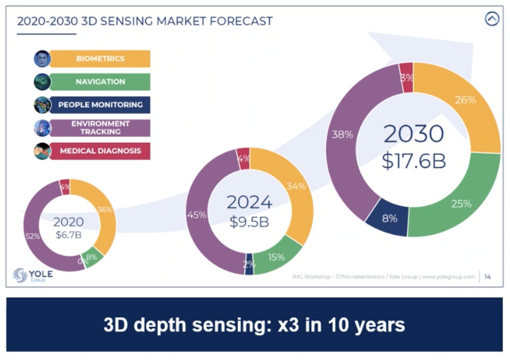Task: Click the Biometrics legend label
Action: tap(100, 59)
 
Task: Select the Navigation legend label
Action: tap(100, 81)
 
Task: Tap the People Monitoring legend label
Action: tap(100, 105)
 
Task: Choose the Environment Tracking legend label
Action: tap(100, 127)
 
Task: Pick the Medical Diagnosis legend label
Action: tap(100, 151)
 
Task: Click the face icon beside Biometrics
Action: tap(42, 59)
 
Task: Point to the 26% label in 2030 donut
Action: tap(465, 100)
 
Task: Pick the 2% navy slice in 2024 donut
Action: tap(249, 264)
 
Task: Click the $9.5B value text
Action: tap(249, 222)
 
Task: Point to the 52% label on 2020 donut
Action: tap(33, 236)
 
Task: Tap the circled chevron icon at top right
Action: tap(492, 19)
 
